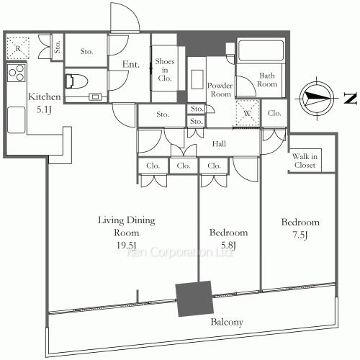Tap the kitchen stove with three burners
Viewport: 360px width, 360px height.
pos(17,72)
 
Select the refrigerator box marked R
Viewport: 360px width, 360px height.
pos(18,48)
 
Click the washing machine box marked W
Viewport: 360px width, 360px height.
pos(248,113)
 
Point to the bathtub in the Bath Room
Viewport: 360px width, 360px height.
pos(261,50)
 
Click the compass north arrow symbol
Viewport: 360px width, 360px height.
pos(317,98)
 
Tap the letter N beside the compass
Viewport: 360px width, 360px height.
pos(351,98)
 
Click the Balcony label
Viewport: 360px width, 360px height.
pos(227,322)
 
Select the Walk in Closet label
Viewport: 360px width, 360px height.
pos(305,161)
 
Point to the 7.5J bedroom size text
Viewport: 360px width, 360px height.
pos(300,235)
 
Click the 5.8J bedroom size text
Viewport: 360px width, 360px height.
pos(228,246)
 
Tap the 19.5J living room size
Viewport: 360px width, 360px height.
pos(126,246)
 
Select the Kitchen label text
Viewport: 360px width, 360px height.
pos(45,97)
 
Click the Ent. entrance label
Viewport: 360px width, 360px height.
pos(131,64)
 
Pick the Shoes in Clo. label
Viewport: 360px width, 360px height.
pos(165,70)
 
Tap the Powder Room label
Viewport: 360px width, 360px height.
pos(220,90)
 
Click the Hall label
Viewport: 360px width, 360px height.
pos(219,144)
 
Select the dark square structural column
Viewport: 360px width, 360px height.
pos(194,299)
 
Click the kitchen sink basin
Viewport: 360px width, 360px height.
pos(16,120)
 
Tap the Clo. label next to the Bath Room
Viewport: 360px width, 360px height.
pos(274,113)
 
